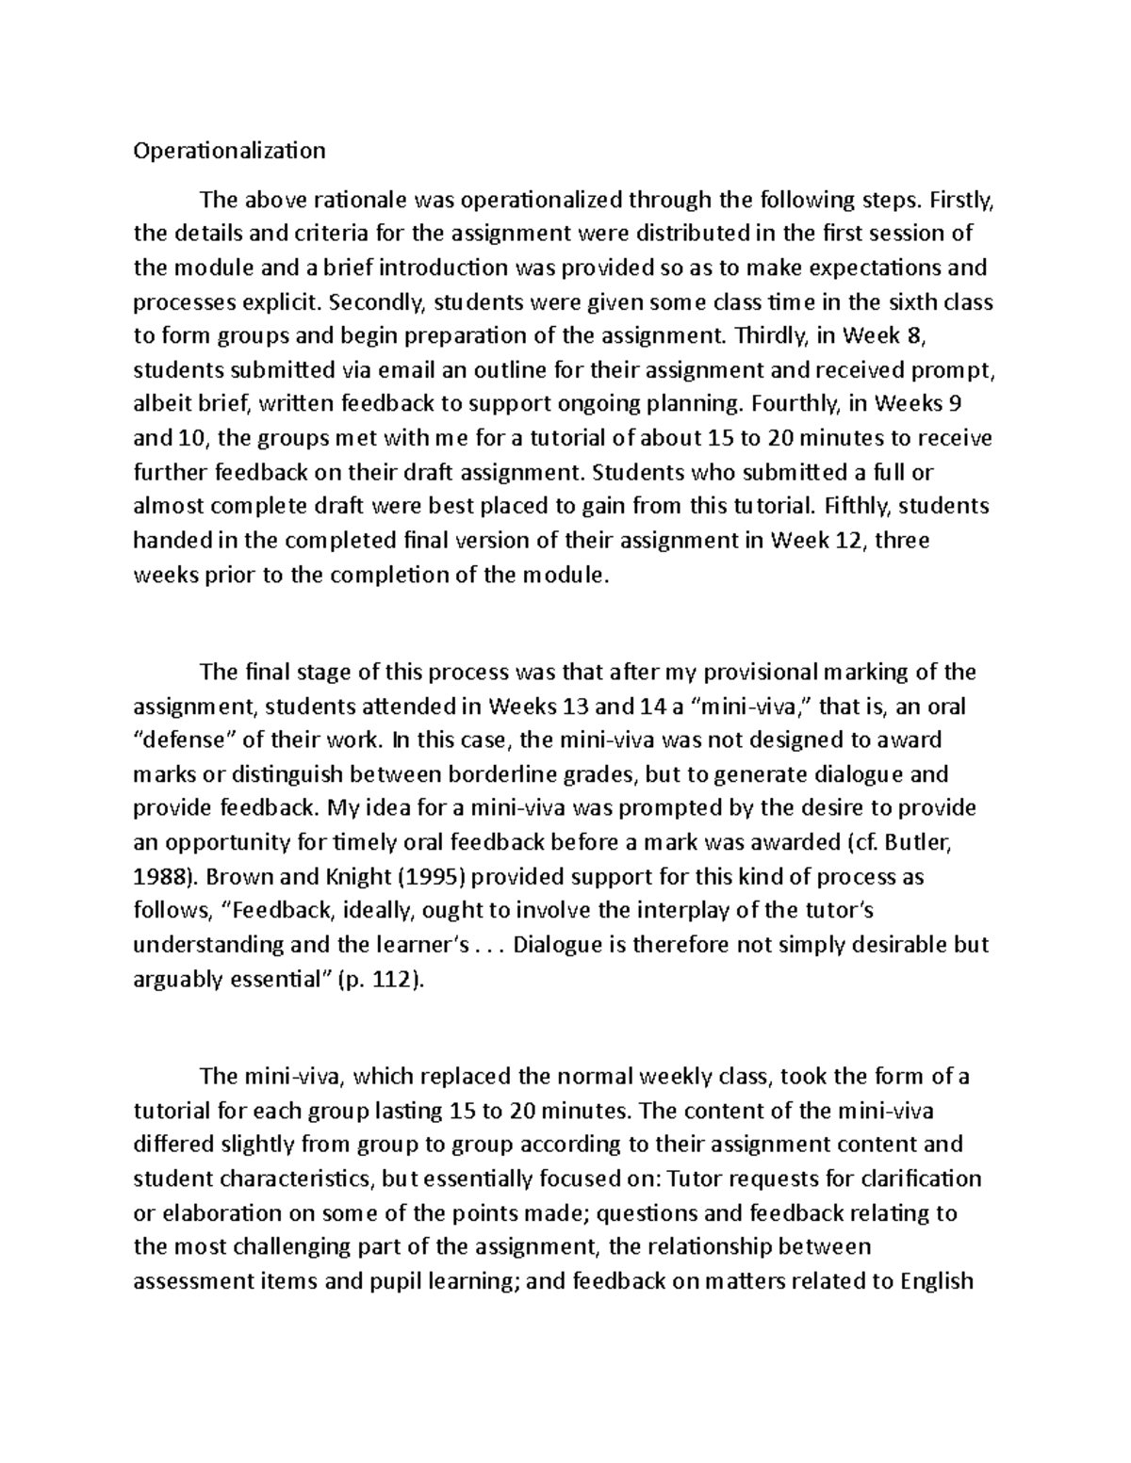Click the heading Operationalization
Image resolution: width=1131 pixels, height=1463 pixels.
pos(229,151)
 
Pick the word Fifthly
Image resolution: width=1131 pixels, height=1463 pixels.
pos(857,507)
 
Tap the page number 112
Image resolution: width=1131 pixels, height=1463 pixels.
pos(394,980)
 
